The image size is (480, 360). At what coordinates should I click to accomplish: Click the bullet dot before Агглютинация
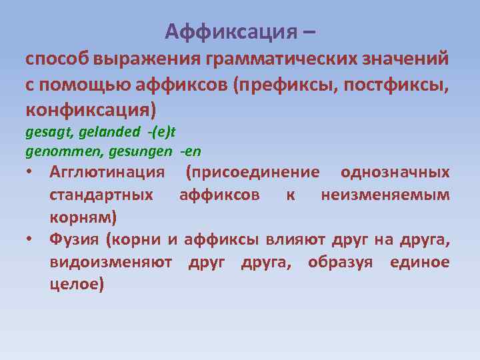pyautogui.click(x=31, y=173)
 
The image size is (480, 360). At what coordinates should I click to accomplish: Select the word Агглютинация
pyautogui.click(x=107, y=173)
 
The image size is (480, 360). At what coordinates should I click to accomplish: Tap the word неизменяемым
pyautogui.click(x=385, y=195)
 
